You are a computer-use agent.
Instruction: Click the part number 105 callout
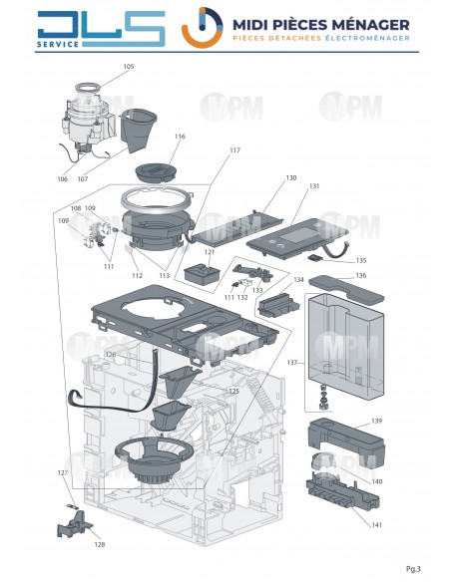pyautogui.click(x=128, y=67)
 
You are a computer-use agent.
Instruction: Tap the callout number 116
pyautogui.click(x=180, y=137)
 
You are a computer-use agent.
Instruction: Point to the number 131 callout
pyautogui.click(x=314, y=186)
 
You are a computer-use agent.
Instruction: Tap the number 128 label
pyautogui.click(x=99, y=544)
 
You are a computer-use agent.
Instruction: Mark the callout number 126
pyautogui.click(x=110, y=354)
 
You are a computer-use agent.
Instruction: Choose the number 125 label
pyautogui.click(x=232, y=392)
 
